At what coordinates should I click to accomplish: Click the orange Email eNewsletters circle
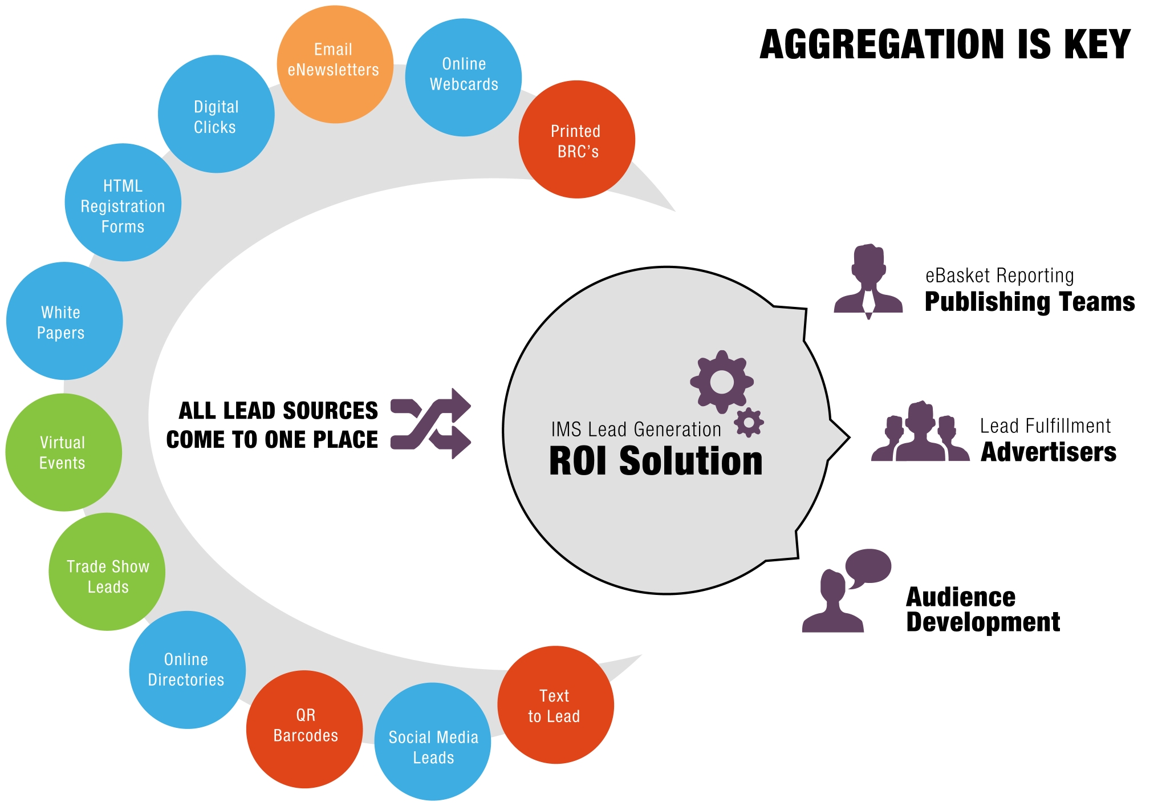(335, 64)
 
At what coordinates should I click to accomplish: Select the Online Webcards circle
(464, 78)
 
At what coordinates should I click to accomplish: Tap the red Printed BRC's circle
(577, 140)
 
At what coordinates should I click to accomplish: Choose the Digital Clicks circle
(216, 114)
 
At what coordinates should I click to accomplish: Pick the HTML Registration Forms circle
(123, 202)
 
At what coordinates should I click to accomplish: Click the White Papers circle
(64, 321)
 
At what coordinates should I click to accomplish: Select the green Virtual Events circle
(64, 452)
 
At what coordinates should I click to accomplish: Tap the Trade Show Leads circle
(107, 572)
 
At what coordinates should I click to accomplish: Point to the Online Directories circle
(188, 670)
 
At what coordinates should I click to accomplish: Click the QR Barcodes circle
(304, 730)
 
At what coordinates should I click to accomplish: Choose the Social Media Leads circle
(433, 742)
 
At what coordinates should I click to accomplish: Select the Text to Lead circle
(556, 705)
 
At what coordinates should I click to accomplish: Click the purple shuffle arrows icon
(431, 424)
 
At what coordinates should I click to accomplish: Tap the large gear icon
(722, 382)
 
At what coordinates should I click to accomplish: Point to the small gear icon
(749, 423)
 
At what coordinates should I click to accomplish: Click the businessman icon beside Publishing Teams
(868, 281)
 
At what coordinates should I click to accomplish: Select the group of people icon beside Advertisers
(920, 431)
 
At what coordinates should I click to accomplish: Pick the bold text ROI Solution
(656, 461)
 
